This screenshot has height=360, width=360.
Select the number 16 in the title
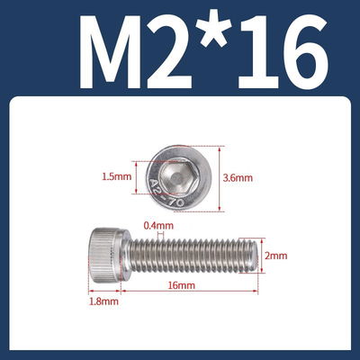click(x=278, y=51)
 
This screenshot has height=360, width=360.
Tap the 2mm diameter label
click(x=275, y=256)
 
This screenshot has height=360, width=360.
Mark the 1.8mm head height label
click(x=103, y=304)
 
